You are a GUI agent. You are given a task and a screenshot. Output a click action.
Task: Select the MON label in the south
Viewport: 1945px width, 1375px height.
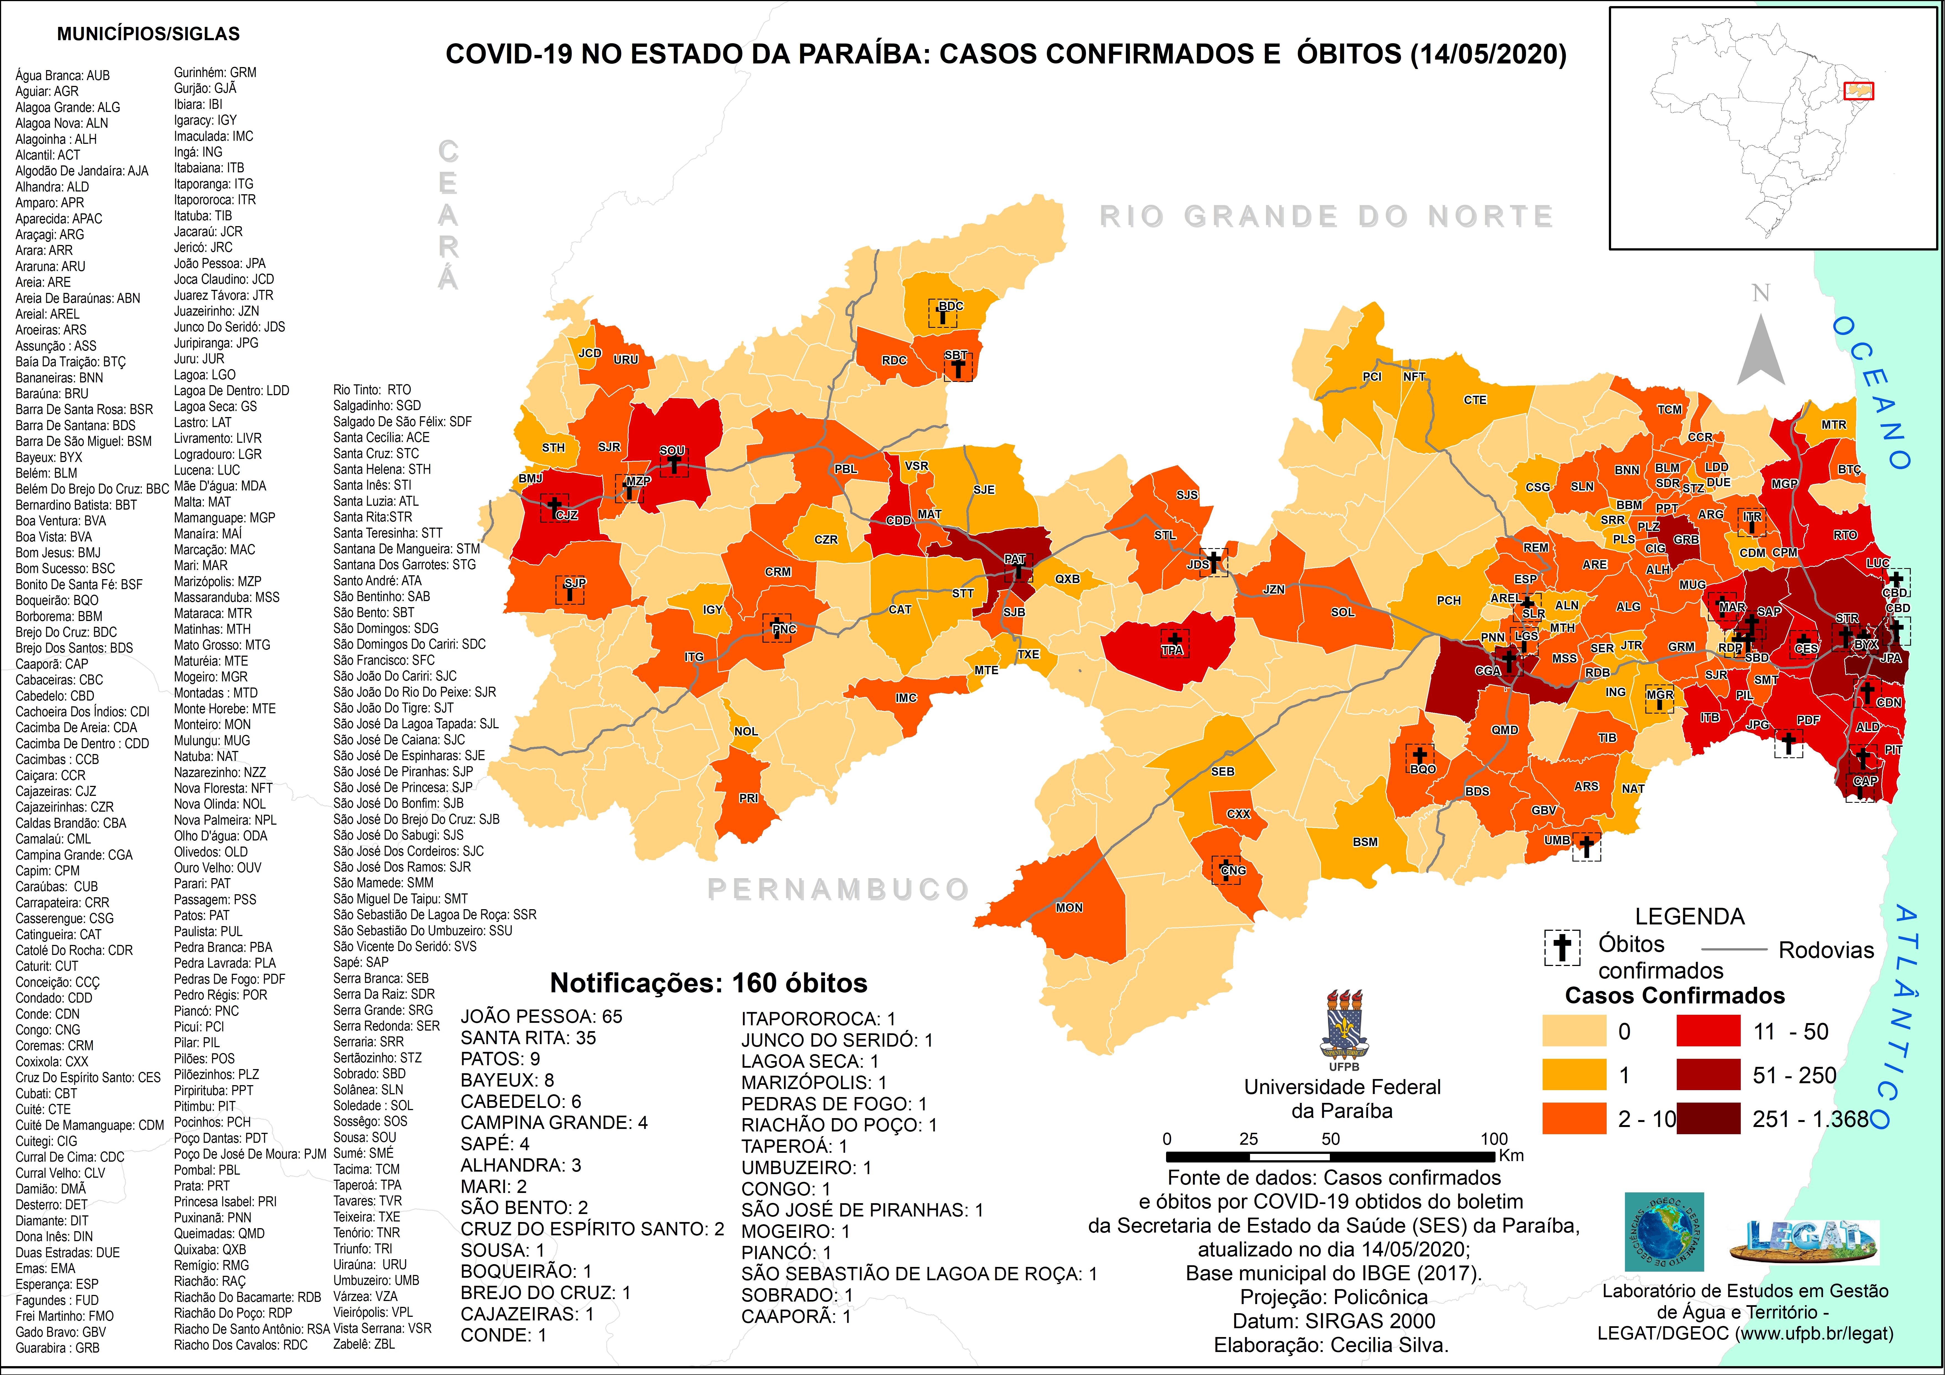[x=1069, y=907]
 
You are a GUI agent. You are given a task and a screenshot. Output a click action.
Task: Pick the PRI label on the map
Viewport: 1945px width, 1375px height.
[x=748, y=798]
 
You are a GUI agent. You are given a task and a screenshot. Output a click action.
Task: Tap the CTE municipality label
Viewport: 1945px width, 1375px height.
[x=1475, y=400]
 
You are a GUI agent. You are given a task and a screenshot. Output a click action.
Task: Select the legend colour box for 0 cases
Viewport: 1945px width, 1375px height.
[x=1574, y=1031]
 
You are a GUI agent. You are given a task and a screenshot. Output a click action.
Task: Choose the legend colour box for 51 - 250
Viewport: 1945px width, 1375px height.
[x=1708, y=1074]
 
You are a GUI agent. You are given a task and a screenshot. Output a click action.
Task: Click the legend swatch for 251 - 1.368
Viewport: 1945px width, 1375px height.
[x=1708, y=1118]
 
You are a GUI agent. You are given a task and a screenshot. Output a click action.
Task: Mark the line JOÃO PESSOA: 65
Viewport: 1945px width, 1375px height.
[x=540, y=1017]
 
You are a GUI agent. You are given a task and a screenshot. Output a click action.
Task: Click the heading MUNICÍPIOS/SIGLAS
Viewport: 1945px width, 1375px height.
[x=148, y=34]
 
